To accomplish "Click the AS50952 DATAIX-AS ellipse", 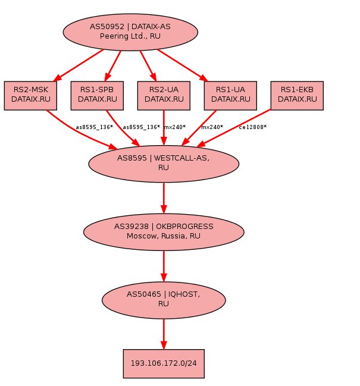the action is (130, 32).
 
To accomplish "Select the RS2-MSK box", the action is (30, 96).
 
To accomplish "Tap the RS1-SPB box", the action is (97, 96).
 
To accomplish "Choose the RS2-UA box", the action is (164, 96).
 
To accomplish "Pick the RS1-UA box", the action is (230, 96).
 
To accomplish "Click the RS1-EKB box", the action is (297, 96).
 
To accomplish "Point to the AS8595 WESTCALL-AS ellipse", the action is (164, 164).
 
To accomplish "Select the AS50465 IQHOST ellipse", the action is (164, 300).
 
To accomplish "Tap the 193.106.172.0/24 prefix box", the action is (164, 363).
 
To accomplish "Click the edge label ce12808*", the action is (253, 127).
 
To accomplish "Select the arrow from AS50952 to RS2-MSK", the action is (79, 65).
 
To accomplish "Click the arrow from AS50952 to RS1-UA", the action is (183, 65).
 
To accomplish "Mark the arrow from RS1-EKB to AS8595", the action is (234, 128).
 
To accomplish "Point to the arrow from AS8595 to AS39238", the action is (164, 198).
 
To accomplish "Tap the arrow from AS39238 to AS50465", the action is (164, 266).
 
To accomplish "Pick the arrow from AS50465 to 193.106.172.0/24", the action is (164, 334).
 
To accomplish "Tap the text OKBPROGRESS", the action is (184, 226).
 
